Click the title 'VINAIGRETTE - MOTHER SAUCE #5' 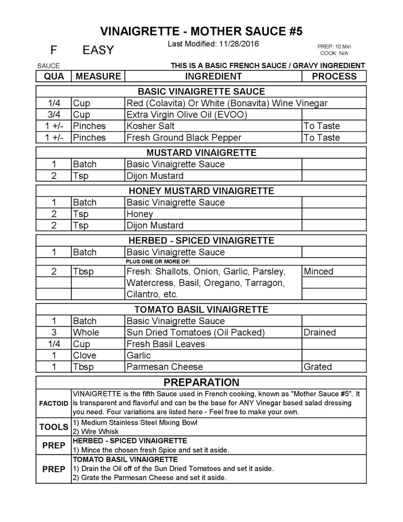pos(201,32)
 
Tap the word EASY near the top pos(98,50)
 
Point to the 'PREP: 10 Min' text pos(334,47)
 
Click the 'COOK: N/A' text pos(334,53)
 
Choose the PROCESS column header pos(334,76)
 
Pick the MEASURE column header pos(98,76)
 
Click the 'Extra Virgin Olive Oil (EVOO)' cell pos(187,115)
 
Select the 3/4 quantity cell pos(54,115)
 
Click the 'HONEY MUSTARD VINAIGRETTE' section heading pos(201,191)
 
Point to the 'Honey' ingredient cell pos(140,214)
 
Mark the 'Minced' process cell pos(318,272)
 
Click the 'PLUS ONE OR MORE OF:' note pos(158,262)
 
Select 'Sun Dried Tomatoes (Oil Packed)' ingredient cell pos(195,332)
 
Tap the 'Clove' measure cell pos(85,355)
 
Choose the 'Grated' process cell pos(317,367)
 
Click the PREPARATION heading pos(201,382)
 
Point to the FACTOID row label pos(54,403)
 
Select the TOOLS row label pos(54,427)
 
